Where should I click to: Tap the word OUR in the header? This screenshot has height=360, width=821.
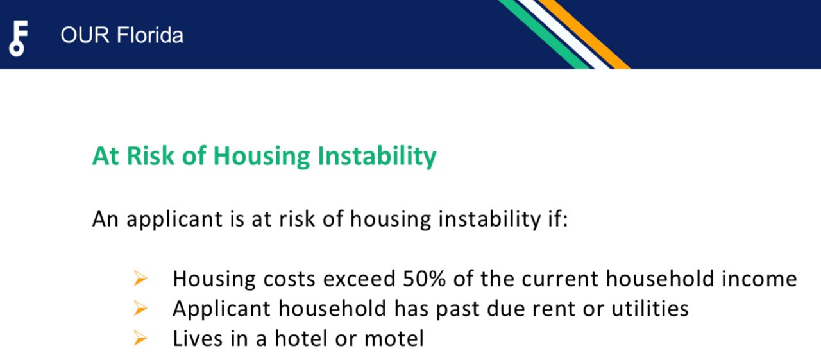(x=85, y=35)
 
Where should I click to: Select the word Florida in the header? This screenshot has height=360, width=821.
(x=150, y=35)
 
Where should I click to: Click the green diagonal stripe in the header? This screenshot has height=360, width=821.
(x=543, y=34)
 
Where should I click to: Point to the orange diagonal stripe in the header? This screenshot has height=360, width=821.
(x=584, y=34)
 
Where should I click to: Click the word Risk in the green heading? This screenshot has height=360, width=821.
(x=150, y=156)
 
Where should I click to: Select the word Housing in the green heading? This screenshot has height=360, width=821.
(x=262, y=157)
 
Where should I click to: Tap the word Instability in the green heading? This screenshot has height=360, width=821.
(x=377, y=157)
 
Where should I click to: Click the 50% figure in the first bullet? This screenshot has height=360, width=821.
(x=424, y=279)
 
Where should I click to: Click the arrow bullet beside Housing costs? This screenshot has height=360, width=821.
(x=140, y=279)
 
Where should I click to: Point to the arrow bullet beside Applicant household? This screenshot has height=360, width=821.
(x=140, y=308)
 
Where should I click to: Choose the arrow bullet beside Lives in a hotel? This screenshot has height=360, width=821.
(x=140, y=338)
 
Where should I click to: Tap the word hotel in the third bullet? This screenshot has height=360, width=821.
(x=301, y=338)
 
